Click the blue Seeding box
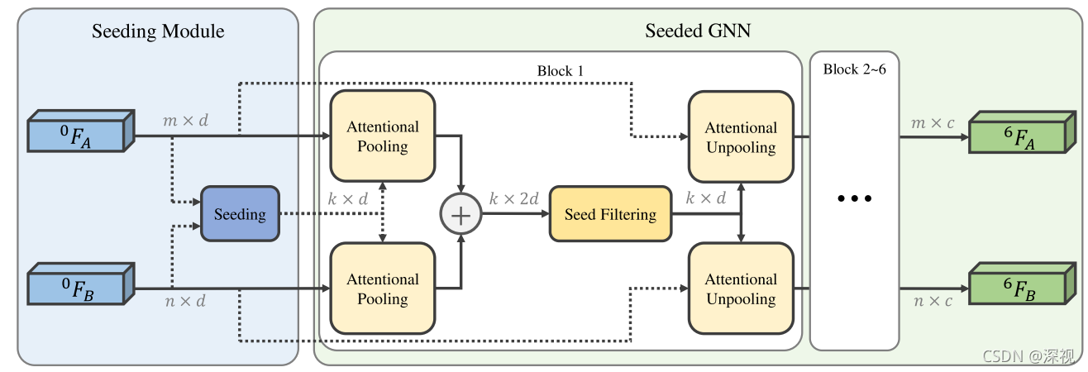[x=240, y=214]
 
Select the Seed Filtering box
[x=610, y=214]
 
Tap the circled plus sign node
[x=460, y=214]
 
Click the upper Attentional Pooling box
[x=382, y=136]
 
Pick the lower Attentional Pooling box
[x=382, y=289]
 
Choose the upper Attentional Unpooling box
[x=740, y=137]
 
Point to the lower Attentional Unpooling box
[x=740, y=289]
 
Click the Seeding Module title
[x=158, y=32]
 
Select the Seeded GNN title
[x=698, y=32]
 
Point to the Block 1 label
[x=560, y=70]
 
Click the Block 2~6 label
[x=854, y=69]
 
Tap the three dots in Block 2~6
[x=854, y=199]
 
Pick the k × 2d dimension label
[x=513, y=198]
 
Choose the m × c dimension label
[x=933, y=122]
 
